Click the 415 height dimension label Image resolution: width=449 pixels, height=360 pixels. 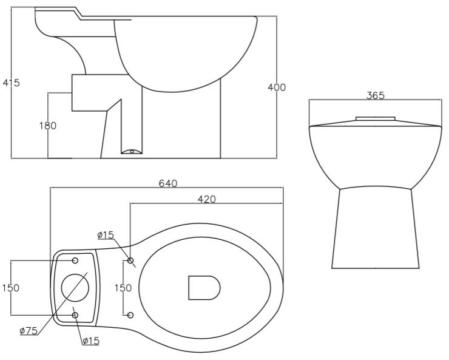coord(10,83)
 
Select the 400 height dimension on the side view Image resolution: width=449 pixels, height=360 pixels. coord(277,87)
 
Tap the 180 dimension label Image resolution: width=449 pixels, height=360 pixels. coord(47,126)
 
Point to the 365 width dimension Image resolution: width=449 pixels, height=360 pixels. coord(375,96)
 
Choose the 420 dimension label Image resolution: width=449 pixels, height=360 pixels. coord(206,199)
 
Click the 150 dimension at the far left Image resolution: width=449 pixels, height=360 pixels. coord(10,288)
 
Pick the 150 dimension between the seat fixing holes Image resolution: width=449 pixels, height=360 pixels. coord(123,288)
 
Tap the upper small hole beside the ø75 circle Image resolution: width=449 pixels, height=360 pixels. coord(75,260)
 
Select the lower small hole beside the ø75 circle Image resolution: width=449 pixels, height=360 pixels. coord(75,314)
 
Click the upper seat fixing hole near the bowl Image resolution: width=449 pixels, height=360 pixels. coord(130,260)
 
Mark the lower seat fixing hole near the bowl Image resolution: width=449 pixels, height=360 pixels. coord(130,314)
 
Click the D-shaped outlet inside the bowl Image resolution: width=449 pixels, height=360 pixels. coord(203,288)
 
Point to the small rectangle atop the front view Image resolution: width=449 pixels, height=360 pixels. coord(375,118)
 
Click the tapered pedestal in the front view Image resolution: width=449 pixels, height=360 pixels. coord(375,228)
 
